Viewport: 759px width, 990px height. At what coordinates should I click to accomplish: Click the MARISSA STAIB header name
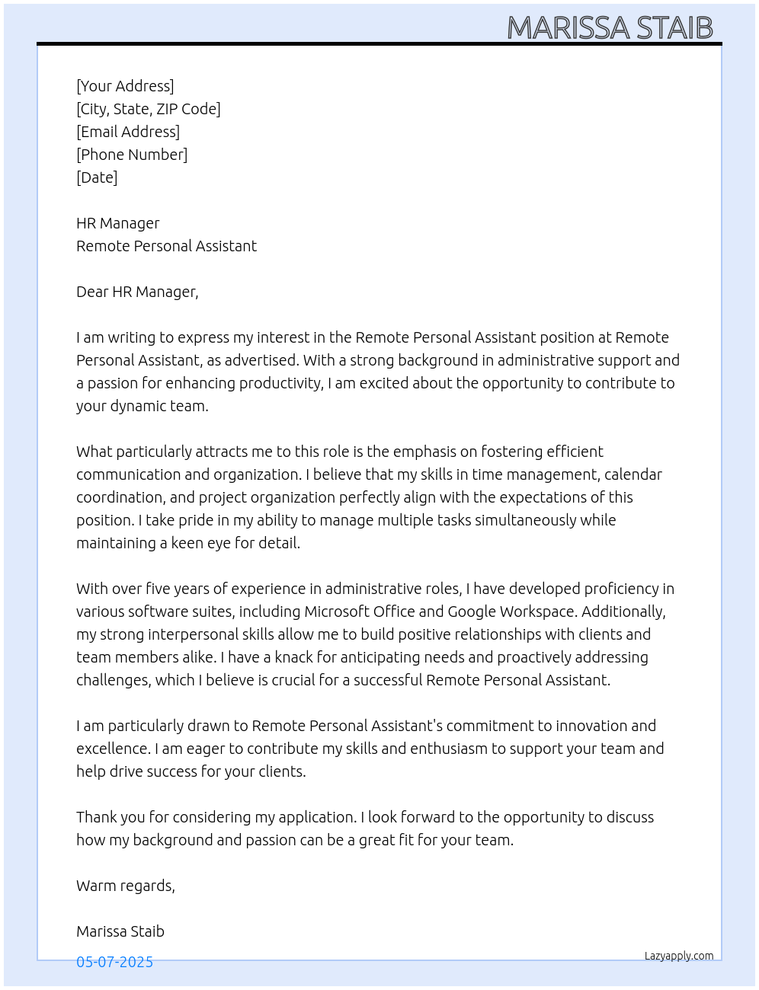(610, 28)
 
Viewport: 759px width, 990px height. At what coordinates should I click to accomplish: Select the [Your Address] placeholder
(125, 86)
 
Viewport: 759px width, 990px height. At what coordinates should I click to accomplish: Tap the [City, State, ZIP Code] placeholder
(149, 109)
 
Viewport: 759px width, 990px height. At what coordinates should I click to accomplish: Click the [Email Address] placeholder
(128, 132)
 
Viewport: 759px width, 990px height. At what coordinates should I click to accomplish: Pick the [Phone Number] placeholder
(132, 155)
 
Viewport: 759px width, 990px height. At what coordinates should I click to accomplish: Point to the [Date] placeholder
(97, 177)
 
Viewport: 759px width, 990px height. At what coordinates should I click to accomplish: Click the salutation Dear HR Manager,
(137, 292)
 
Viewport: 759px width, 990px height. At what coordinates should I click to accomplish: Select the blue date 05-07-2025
(114, 962)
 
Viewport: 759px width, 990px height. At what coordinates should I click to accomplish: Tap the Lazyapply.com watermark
(679, 956)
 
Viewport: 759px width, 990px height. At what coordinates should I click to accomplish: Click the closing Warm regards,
(126, 886)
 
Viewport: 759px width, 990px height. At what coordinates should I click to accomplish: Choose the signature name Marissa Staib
(120, 931)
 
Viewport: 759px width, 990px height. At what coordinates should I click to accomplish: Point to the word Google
(472, 612)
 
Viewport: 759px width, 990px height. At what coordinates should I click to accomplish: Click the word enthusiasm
(448, 749)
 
